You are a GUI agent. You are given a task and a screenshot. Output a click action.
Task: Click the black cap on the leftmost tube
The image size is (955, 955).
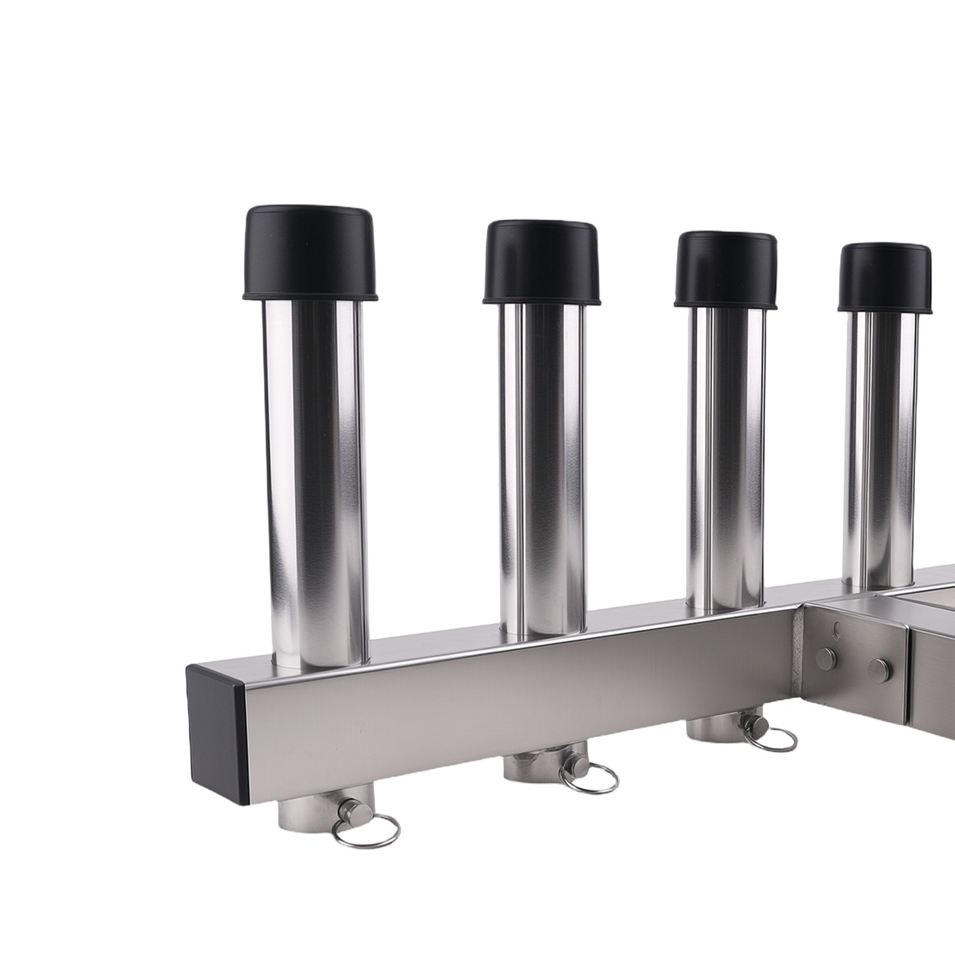[310, 253]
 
